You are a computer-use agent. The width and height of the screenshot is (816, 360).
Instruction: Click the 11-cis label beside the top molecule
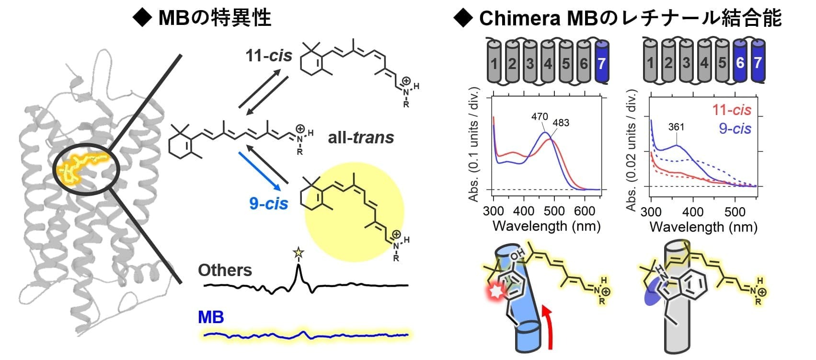click(268, 56)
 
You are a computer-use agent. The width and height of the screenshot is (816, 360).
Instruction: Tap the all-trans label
click(361, 138)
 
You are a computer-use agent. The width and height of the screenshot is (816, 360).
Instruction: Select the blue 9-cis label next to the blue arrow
click(268, 204)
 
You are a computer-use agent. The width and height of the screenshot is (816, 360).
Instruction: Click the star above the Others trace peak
click(299, 252)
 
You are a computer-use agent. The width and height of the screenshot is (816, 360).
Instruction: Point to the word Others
click(225, 270)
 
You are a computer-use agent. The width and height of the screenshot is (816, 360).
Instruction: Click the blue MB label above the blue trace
click(211, 317)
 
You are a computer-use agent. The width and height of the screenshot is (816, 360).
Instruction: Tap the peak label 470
click(540, 116)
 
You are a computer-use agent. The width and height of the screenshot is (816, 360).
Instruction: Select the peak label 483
click(561, 123)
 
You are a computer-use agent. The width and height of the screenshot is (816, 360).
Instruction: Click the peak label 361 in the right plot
click(676, 127)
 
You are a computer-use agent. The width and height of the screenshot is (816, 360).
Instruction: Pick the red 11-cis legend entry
click(731, 110)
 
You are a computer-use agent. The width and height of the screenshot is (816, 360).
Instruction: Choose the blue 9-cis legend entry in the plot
click(735, 128)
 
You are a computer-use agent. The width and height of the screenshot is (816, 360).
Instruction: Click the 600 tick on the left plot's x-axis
click(585, 211)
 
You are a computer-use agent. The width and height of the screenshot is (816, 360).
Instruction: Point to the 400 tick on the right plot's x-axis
click(692, 211)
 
